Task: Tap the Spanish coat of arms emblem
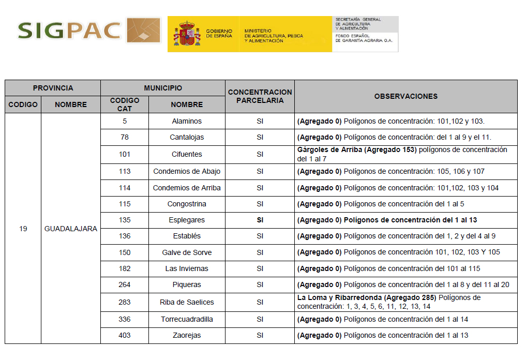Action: coord(187,34)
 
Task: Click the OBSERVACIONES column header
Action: coord(405,96)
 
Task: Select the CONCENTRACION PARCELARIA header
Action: coord(260,96)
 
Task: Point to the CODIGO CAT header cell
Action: coord(125,104)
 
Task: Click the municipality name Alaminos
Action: coord(187,121)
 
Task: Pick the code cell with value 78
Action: coord(125,137)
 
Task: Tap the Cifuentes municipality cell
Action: coord(187,154)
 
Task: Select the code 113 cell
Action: coord(125,171)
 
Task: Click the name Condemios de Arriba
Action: coord(187,188)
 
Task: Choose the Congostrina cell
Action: coord(187,204)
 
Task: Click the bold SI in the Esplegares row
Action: coord(260,220)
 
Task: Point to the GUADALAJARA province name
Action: coord(70,229)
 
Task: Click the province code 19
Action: coord(23,229)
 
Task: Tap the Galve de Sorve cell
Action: coord(187,252)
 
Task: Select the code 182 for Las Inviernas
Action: coord(125,268)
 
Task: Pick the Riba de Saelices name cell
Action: coord(187,302)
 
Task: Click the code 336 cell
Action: coord(125,319)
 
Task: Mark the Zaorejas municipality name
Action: coord(187,335)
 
